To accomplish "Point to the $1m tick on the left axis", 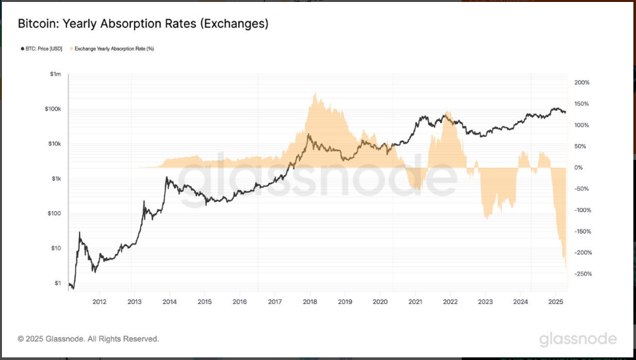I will tap(55, 74).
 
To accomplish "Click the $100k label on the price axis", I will tap(52, 109).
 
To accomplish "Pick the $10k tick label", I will tap(53, 144).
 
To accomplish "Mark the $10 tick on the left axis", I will tap(56, 249).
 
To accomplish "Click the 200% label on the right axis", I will tap(581, 83).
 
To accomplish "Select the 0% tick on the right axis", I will tap(578, 168).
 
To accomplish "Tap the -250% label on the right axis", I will tap(583, 274).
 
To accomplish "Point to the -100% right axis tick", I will tap(583, 211).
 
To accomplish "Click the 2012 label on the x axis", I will tap(99, 302).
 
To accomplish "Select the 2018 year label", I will tap(310, 302).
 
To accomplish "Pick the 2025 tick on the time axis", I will tap(555, 302).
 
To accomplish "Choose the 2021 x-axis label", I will tap(415, 302).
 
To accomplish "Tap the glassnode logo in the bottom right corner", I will tap(577, 339).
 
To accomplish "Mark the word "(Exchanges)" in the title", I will tap(233, 24).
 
